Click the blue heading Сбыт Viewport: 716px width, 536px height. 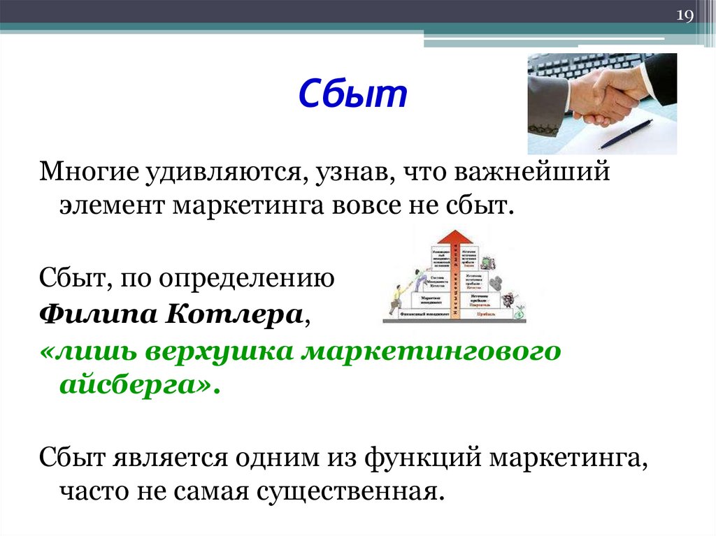click(x=353, y=94)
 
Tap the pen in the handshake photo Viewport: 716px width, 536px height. click(x=626, y=133)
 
